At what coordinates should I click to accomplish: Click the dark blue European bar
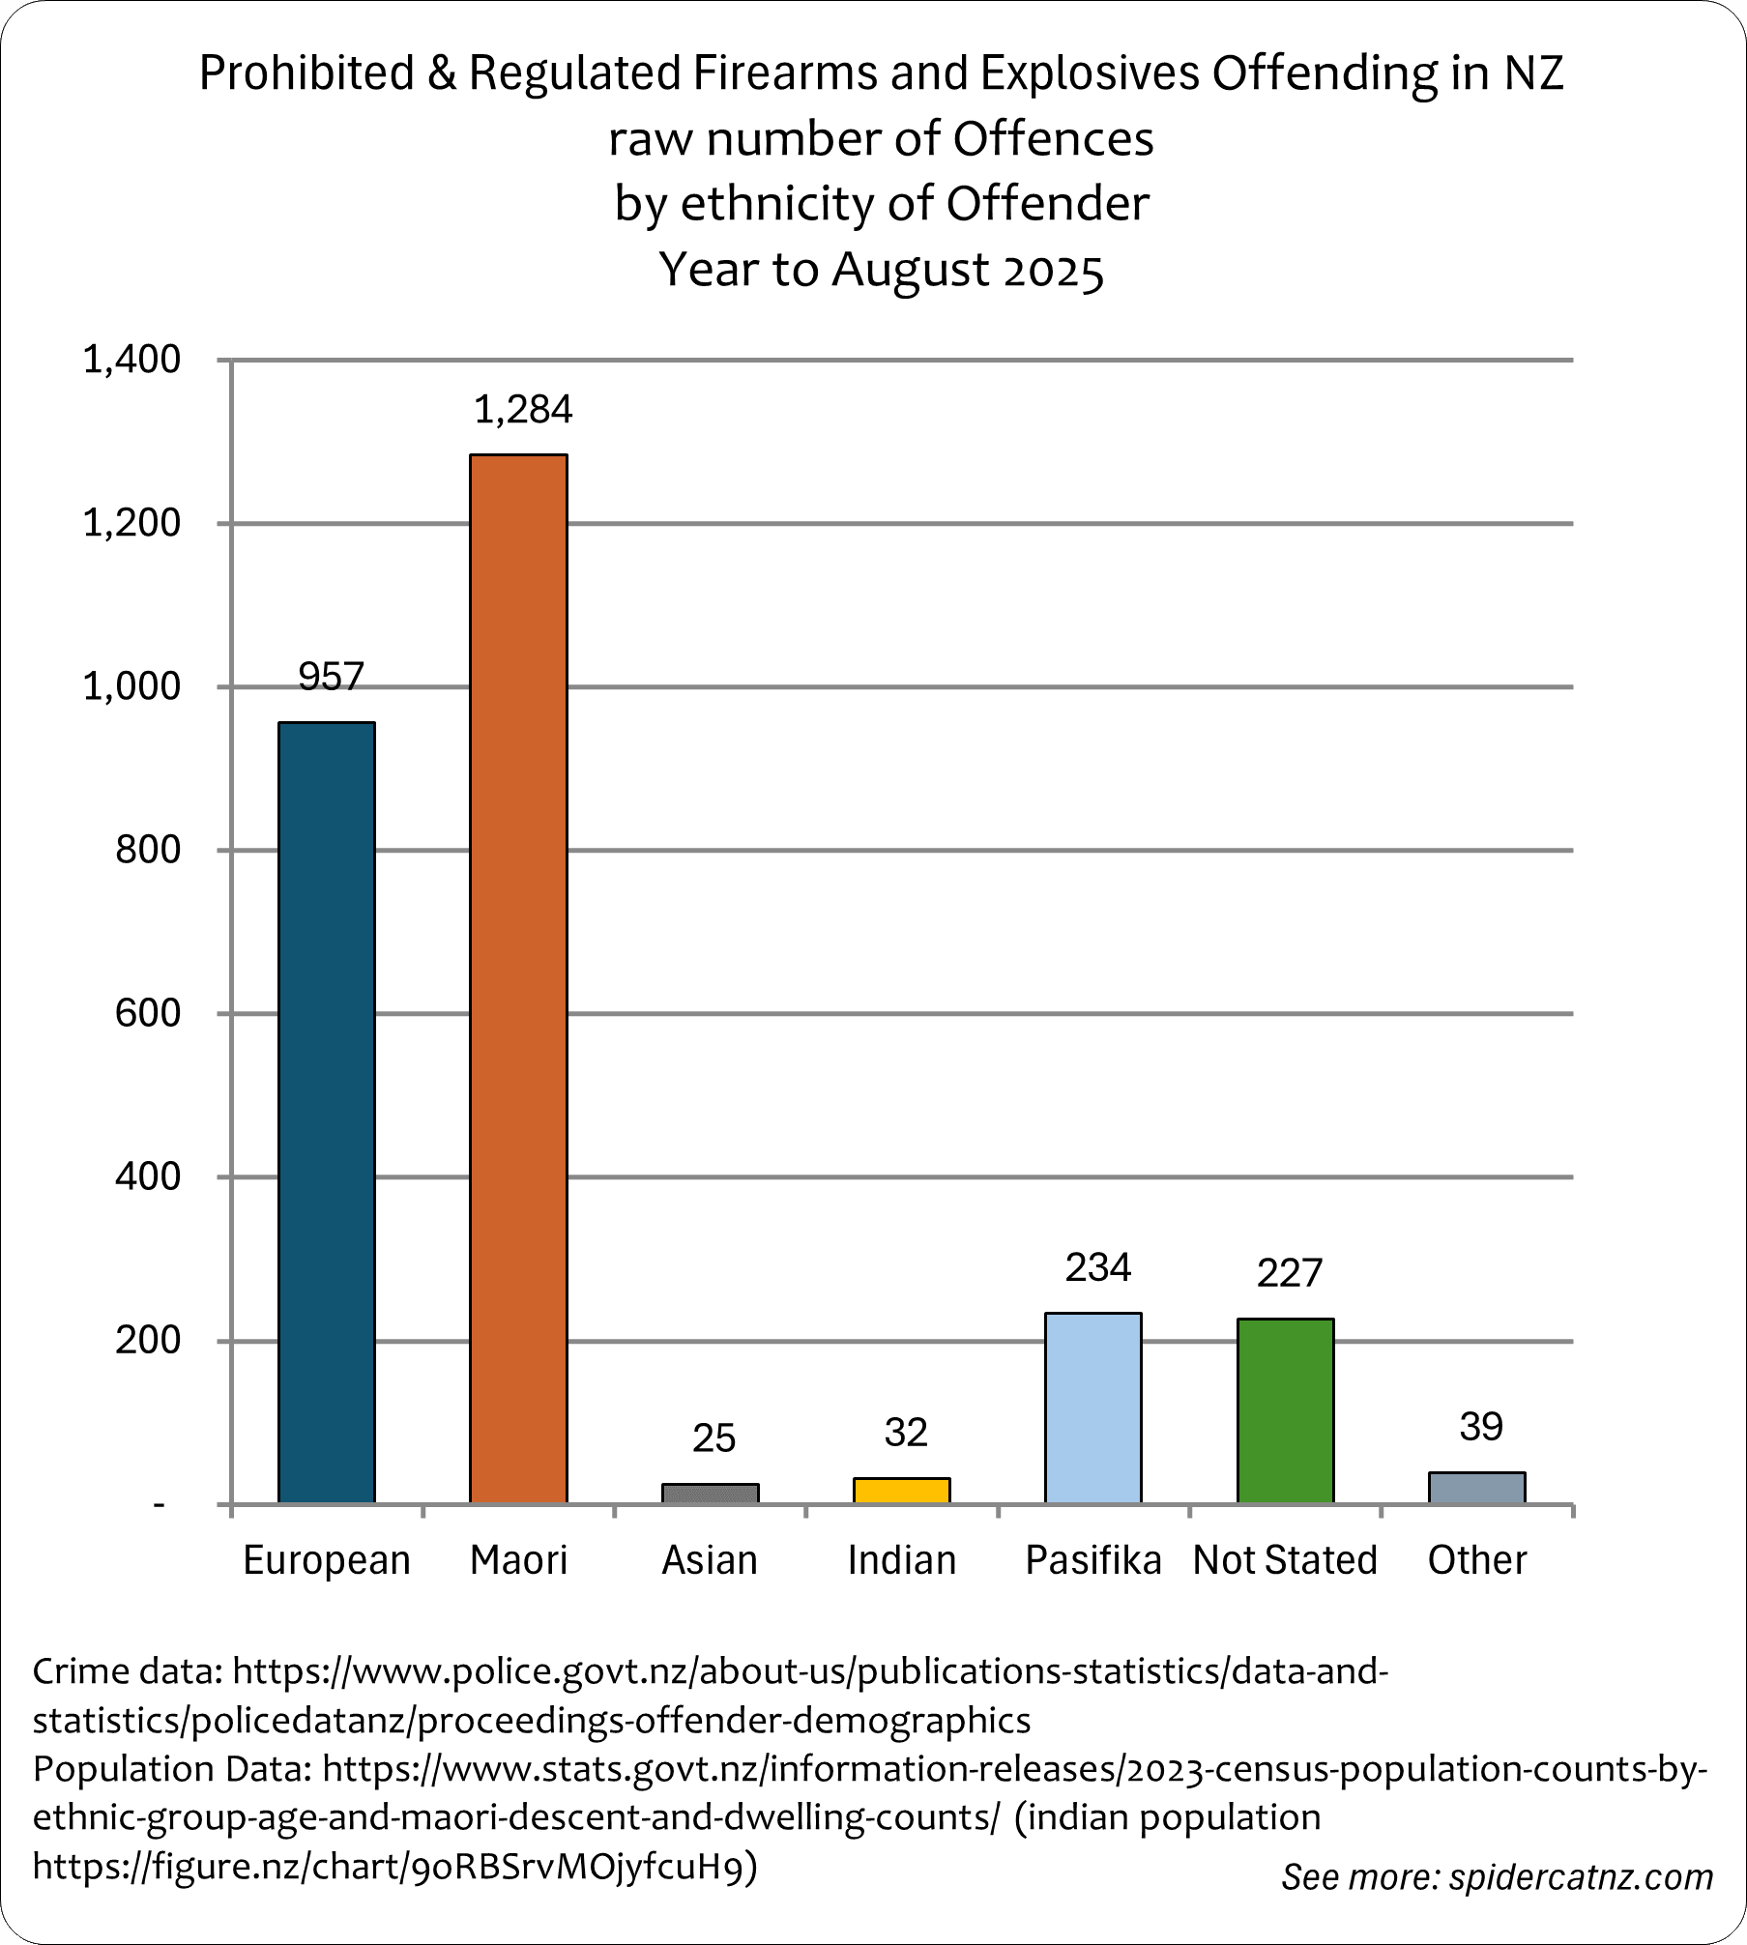point(327,1112)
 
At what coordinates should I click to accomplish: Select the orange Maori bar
point(518,976)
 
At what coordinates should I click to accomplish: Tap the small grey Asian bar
point(710,1493)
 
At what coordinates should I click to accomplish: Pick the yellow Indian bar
point(901,1490)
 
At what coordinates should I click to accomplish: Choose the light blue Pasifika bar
point(1093,1407)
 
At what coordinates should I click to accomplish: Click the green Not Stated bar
point(1285,1409)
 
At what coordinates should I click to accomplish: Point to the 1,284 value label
point(523,410)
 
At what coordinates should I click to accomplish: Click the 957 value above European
point(331,677)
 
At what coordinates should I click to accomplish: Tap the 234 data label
point(1097,1267)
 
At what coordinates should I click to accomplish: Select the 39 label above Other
point(1480,1427)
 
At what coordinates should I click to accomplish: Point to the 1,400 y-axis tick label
point(131,360)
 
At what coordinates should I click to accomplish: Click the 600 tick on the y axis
point(148,1013)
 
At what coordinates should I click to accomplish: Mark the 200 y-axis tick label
point(148,1340)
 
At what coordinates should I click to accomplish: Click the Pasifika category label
point(1093,1559)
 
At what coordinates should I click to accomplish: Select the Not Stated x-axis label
point(1285,1559)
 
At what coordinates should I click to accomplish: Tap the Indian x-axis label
point(901,1559)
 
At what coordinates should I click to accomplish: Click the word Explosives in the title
point(1090,73)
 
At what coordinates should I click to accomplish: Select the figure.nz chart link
point(393,1866)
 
